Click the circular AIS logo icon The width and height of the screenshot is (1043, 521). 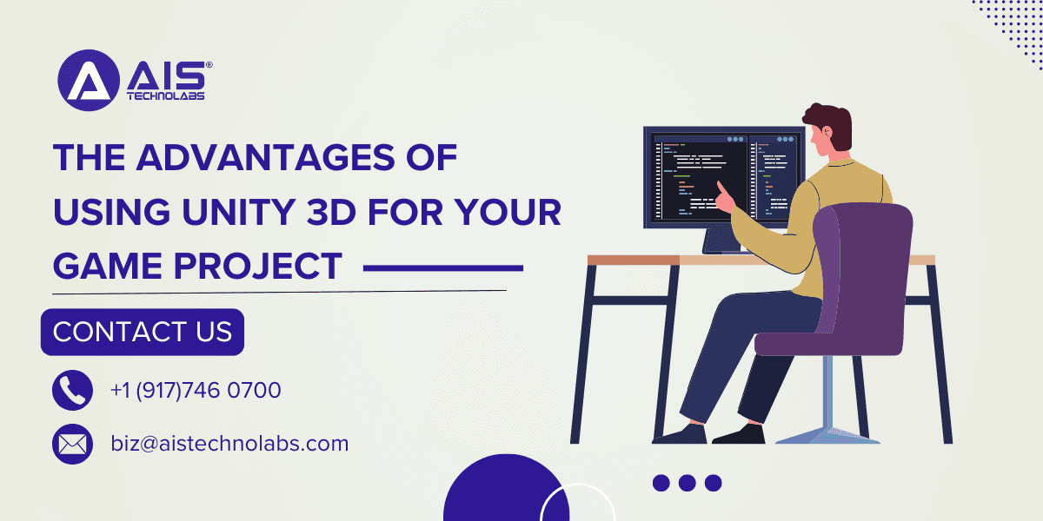[x=88, y=81]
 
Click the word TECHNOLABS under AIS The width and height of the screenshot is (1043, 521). [x=165, y=96]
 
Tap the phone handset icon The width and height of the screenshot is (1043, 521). [x=72, y=391]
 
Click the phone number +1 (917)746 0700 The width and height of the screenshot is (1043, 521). [x=196, y=391]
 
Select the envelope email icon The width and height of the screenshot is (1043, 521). [x=72, y=445]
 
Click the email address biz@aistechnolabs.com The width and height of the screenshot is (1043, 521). [x=229, y=444]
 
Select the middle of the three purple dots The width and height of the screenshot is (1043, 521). [x=688, y=483]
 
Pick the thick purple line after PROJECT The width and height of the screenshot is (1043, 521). [x=443, y=269]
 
